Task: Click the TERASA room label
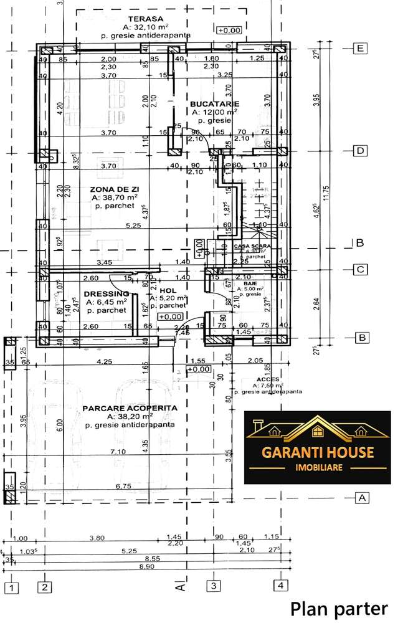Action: pos(138,19)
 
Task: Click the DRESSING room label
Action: pos(107,293)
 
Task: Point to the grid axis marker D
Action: pos(359,151)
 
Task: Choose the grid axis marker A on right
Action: pos(360,497)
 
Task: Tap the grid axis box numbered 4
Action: pos(281,586)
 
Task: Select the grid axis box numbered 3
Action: pos(213,586)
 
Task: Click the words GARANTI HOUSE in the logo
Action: pos(318,452)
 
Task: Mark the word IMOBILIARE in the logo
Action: pos(318,467)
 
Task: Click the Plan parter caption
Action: pos(339,608)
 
